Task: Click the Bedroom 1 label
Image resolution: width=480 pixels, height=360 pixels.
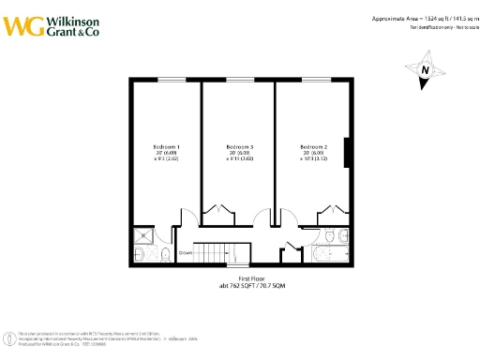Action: pyautogui.click(x=166, y=147)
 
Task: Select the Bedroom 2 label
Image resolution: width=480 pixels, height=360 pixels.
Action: pyautogui.click(x=313, y=147)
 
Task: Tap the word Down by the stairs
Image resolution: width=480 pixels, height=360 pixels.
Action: pyautogui.click(x=186, y=253)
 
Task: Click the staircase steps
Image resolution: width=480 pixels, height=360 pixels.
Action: pyautogui.click(x=225, y=253)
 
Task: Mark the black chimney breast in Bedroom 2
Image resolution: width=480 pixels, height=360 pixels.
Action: pyautogui.click(x=349, y=152)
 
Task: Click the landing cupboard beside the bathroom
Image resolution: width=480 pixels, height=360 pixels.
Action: pyautogui.click(x=292, y=248)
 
